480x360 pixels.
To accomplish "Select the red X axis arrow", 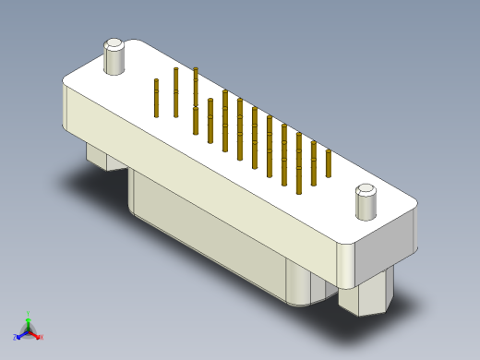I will (x=36, y=335).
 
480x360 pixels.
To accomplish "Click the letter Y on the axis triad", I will (x=28, y=312).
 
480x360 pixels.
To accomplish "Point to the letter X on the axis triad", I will (x=42, y=338).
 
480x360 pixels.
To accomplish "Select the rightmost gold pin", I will (x=329, y=161).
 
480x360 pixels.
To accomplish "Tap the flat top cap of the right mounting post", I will (x=366, y=190).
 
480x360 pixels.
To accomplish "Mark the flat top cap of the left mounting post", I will (x=114, y=43).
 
